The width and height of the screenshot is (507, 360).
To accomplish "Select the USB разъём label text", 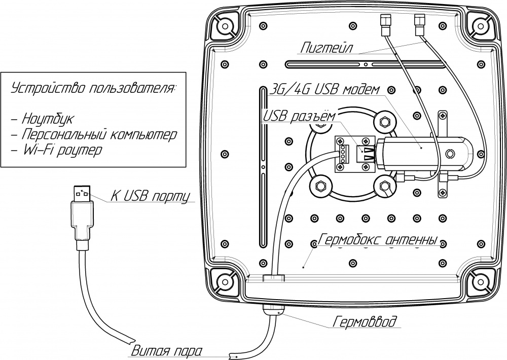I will [298, 117].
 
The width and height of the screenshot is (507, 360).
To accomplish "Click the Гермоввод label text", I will [365, 321].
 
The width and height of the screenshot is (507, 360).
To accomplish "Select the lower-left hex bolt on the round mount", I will [320, 186].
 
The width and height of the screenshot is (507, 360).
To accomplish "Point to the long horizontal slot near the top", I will [365, 64].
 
